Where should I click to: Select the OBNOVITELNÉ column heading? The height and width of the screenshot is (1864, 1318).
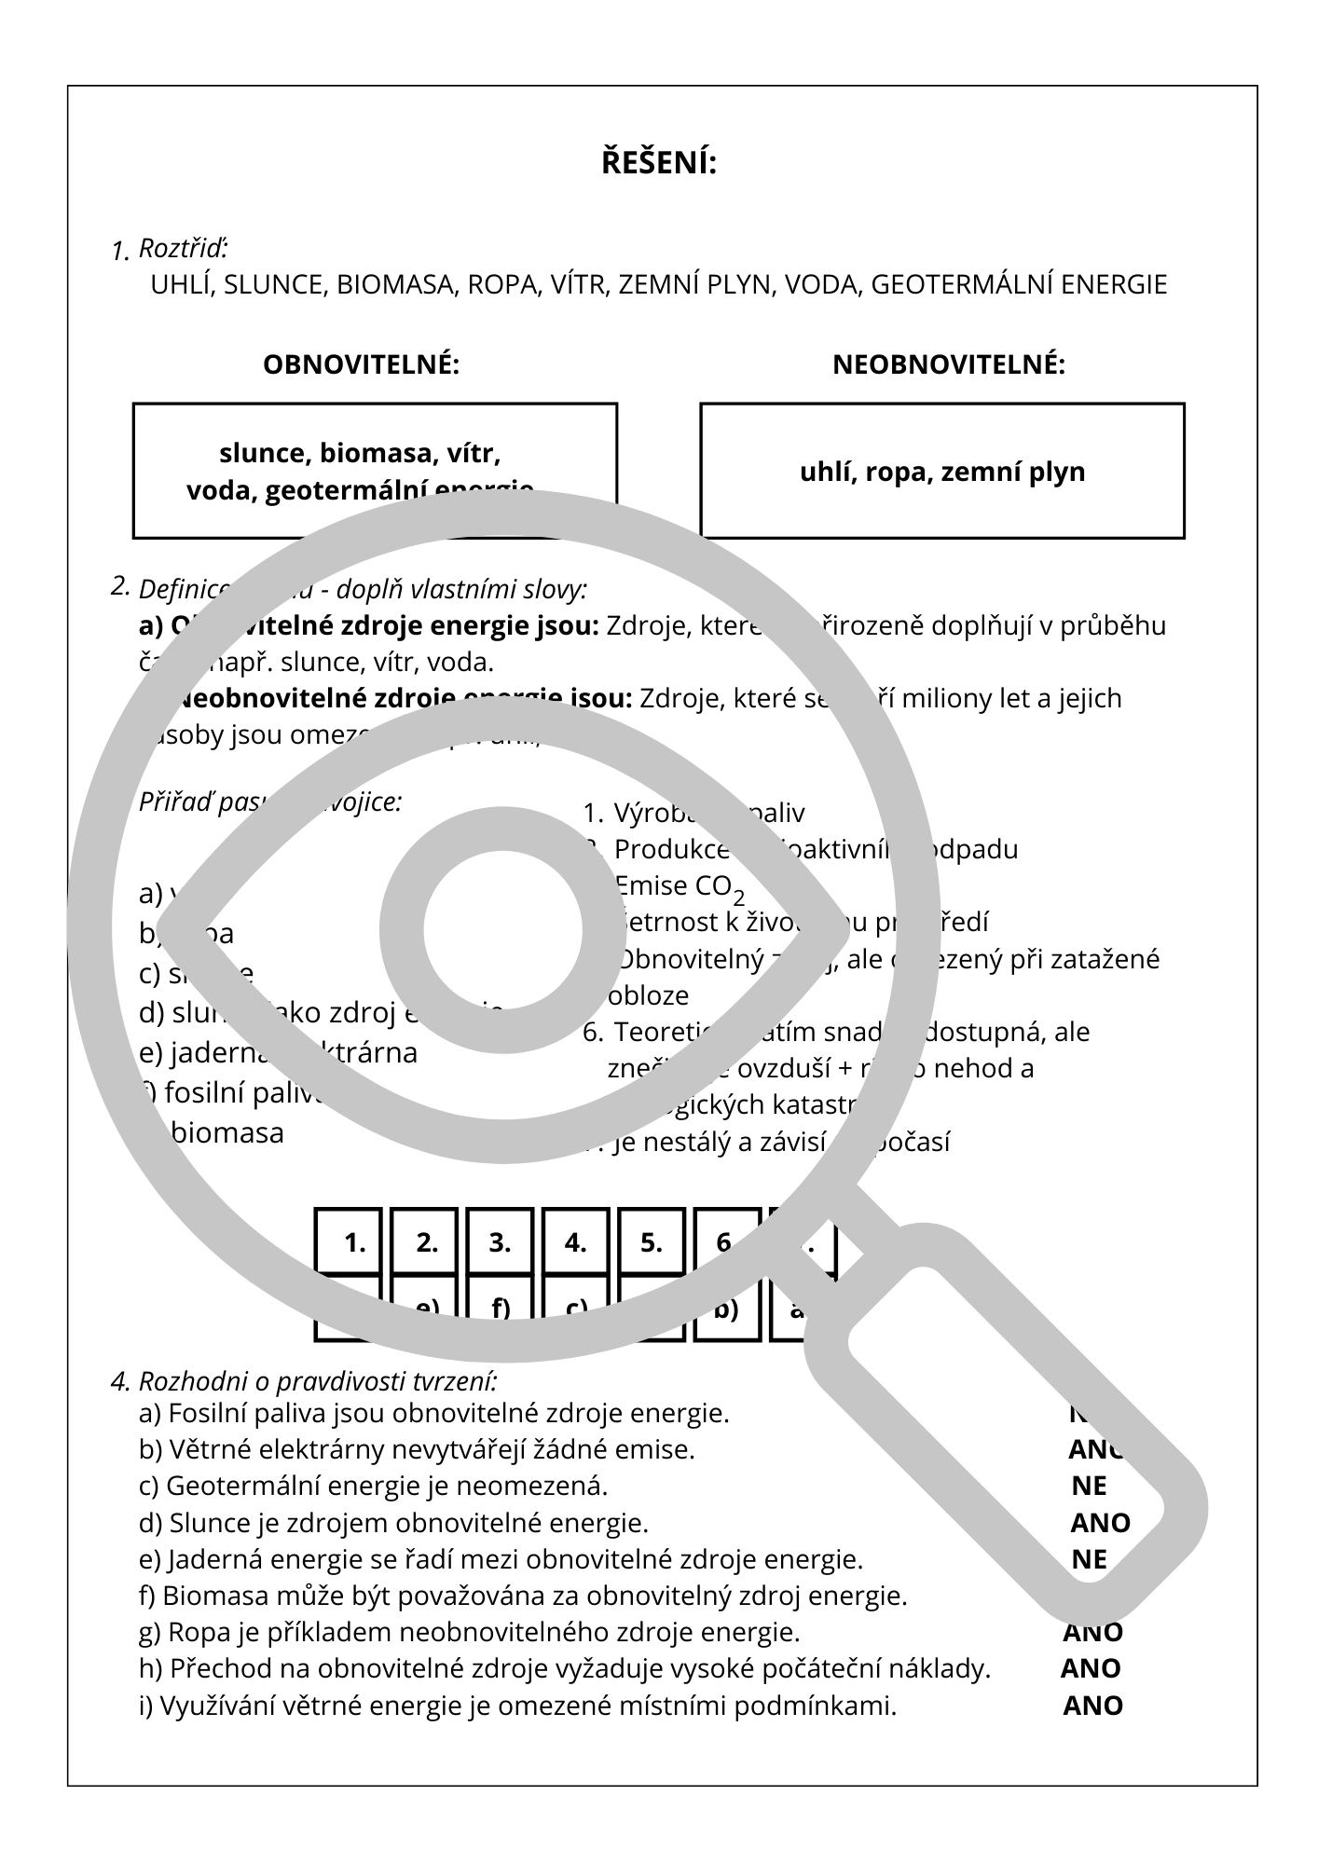click(362, 364)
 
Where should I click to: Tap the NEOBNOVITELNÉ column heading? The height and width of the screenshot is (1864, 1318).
click(948, 364)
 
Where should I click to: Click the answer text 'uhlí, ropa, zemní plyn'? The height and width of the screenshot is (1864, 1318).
click(942, 472)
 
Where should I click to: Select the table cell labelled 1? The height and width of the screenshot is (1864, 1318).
click(354, 1242)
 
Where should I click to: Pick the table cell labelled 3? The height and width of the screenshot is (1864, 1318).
click(500, 1242)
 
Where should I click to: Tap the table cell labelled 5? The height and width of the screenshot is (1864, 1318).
click(651, 1242)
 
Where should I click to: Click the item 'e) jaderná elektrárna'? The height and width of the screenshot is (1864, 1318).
click(278, 1052)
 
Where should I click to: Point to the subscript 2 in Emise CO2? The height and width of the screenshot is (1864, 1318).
click(738, 898)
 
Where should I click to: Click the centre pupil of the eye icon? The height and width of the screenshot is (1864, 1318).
click(502, 930)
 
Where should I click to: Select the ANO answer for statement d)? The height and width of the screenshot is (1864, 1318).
click(1100, 1523)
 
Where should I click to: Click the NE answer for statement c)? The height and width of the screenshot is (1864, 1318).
click(1089, 1487)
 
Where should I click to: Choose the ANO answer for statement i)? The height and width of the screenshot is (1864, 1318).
click(1092, 1706)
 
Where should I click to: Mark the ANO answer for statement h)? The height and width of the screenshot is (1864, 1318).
click(1091, 1668)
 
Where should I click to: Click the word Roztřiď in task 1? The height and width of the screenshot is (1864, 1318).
click(183, 249)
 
